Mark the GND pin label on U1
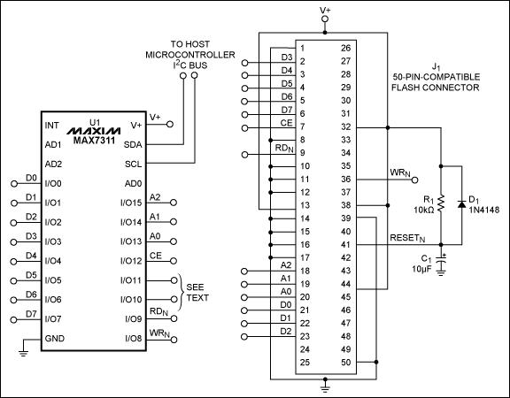pyautogui.click(x=54, y=338)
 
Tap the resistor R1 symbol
pyautogui.click(x=440, y=203)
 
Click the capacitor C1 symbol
pyautogui.click(x=440, y=262)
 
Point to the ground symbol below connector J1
pyautogui.click(x=326, y=384)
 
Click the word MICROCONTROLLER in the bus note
pyautogui.click(x=190, y=55)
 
